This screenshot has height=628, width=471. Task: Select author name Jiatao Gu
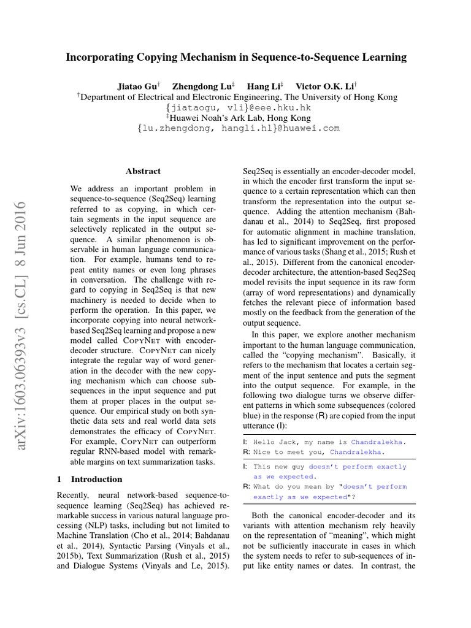point(139,86)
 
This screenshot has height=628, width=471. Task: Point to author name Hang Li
point(262,86)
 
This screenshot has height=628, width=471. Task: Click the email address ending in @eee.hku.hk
point(236,107)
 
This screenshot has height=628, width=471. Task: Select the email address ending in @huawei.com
point(236,128)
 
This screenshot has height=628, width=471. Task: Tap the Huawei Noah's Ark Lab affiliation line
point(236,117)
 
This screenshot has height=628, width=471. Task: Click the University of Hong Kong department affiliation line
point(236,97)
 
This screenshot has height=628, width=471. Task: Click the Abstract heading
point(143,172)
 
